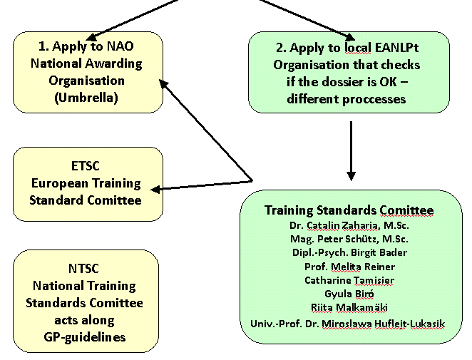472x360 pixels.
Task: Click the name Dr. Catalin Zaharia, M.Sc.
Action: coord(349,226)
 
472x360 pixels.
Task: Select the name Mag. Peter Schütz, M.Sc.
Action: coord(349,240)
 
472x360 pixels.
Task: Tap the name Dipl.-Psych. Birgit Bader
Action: coord(349,253)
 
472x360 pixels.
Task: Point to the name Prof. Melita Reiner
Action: coord(349,267)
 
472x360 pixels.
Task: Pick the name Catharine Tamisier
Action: coord(349,280)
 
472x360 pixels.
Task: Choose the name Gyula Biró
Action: coord(349,294)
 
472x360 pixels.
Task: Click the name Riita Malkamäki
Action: coord(349,307)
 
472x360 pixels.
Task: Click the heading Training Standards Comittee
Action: coord(349,210)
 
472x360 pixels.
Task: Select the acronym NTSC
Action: coord(86,269)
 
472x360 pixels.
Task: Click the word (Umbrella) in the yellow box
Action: coord(86,97)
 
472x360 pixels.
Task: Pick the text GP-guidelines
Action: coord(86,336)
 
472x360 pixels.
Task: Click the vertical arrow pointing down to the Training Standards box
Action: coord(350,150)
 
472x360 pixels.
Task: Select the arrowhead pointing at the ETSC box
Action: coord(158,189)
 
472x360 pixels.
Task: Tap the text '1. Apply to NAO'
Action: coord(86,47)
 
